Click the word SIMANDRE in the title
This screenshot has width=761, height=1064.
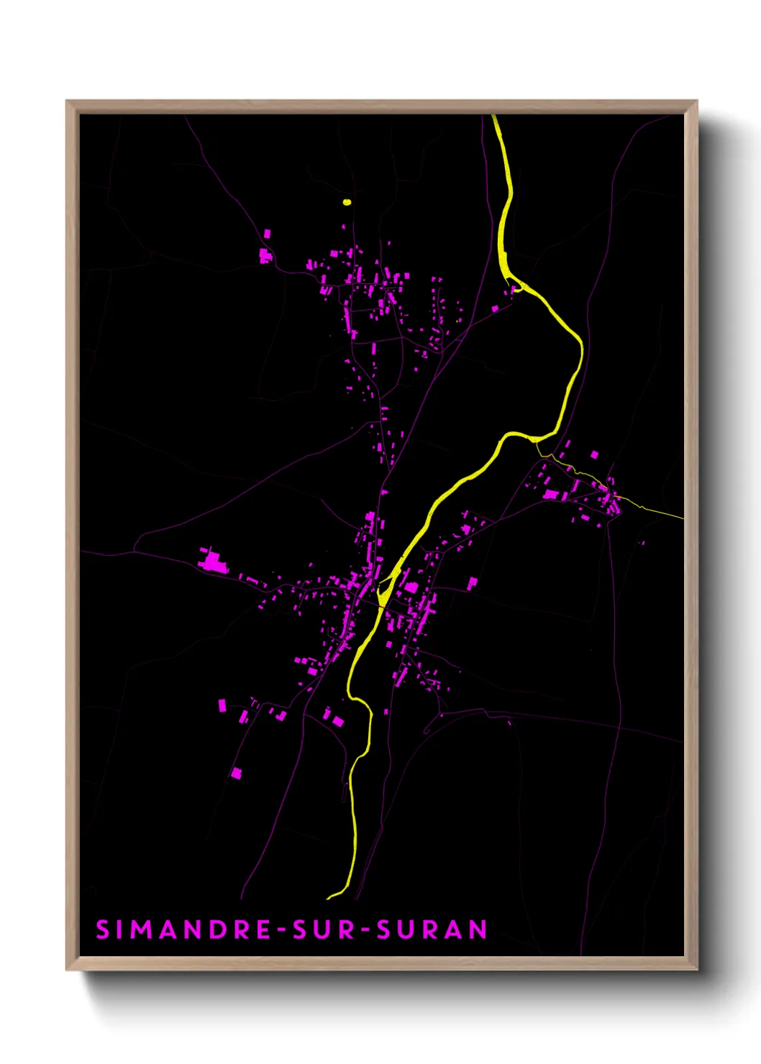pos(183,930)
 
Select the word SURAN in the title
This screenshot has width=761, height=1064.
pos(433,930)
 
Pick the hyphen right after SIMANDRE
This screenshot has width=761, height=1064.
pos(281,930)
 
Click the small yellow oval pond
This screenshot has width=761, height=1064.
pos(347,202)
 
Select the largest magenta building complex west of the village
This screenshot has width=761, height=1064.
pos(212,561)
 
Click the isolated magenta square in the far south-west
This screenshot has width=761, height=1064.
pos(236,774)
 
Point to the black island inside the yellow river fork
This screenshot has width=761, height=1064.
pos(383,592)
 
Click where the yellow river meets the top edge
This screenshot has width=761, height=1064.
pos(495,117)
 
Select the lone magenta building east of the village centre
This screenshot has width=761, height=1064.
pos(473,582)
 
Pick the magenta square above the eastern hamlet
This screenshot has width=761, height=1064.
pos(594,454)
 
